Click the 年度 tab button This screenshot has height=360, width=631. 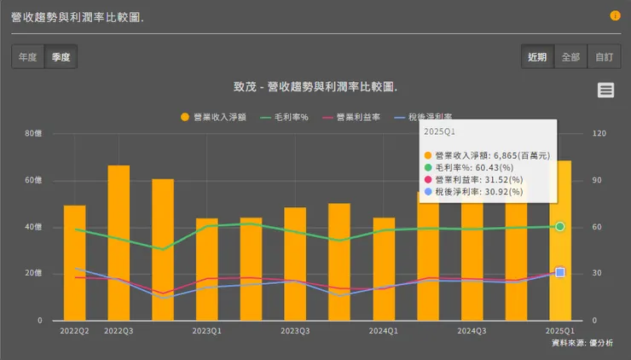click(28, 57)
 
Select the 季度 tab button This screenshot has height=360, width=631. click(61, 57)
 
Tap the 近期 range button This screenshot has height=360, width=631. click(537, 57)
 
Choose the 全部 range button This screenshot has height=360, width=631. click(570, 57)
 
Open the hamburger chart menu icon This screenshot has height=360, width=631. click(605, 90)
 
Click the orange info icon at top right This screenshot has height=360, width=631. click(615, 16)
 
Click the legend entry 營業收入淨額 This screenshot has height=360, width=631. click(213, 118)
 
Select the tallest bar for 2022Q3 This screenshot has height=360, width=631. click(119, 243)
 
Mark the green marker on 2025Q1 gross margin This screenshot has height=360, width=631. click(560, 226)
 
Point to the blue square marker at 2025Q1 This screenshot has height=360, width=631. click(560, 272)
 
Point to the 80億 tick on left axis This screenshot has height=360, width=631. click(33, 134)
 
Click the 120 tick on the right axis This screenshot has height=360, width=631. click(599, 134)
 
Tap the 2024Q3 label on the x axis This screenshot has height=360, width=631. click(472, 330)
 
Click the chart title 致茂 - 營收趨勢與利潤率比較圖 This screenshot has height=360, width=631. click(315, 87)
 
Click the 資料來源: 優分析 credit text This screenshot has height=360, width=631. click(582, 342)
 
